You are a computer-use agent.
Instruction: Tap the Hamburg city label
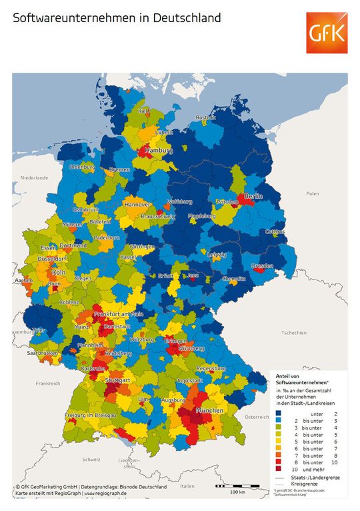159,152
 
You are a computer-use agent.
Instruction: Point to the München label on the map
210,411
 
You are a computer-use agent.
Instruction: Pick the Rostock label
206,117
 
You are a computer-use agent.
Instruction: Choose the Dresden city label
262,266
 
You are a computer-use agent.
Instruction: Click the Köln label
59,273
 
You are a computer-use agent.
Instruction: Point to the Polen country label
313,193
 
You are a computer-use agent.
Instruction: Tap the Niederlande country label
35,178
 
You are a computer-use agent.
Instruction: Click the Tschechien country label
293,332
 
